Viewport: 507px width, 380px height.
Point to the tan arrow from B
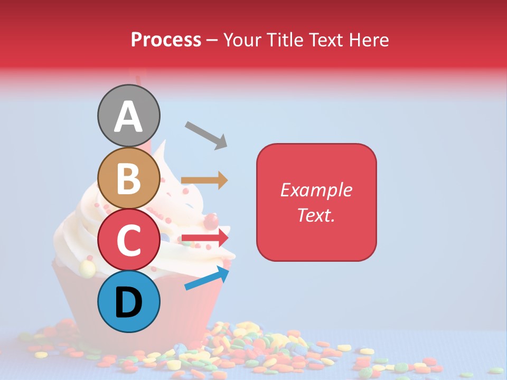pyautogui.click(x=204, y=180)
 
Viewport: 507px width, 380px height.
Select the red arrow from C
pyautogui.click(x=205, y=238)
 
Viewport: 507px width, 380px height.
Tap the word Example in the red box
pyautogui.click(x=316, y=190)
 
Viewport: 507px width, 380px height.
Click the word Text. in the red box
pyautogui.click(x=316, y=215)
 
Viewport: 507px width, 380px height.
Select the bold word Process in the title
pyautogui.click(x=166, y=40)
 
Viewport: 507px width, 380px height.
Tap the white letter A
pyautogui.click(x=128, y=117)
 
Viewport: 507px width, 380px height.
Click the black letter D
pyautogui.click(x=128, y=302)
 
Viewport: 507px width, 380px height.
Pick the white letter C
pyautogui.click(x=128, y=240)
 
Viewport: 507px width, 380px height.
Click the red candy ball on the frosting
pyautogui.click(x=211, y=219)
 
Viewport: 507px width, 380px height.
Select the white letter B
pyautogui.click(x=128, y=178)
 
